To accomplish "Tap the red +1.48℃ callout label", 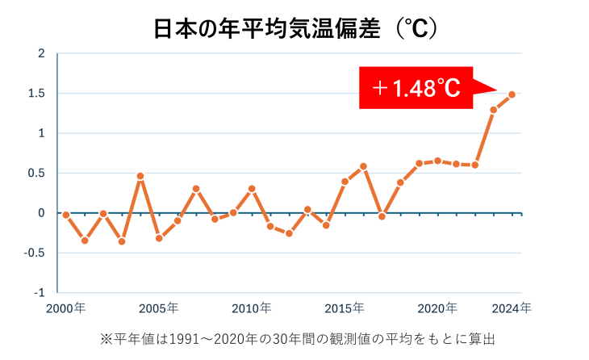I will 416,88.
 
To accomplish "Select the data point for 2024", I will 512,94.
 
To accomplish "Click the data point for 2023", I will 494,110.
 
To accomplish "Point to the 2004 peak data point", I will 140,176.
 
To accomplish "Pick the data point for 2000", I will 66,215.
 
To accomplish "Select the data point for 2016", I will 364,166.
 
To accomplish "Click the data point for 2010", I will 252,189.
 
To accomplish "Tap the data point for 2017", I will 382,216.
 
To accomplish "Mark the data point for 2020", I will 438,161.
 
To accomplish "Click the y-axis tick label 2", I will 41,54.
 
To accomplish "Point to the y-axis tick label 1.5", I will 36,94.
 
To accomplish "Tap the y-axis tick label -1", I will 40,292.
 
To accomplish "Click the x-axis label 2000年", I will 66,308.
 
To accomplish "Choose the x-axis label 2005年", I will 159,308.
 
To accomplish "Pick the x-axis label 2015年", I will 345,308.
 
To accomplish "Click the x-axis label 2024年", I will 513,308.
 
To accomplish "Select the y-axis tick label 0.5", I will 36,173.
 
